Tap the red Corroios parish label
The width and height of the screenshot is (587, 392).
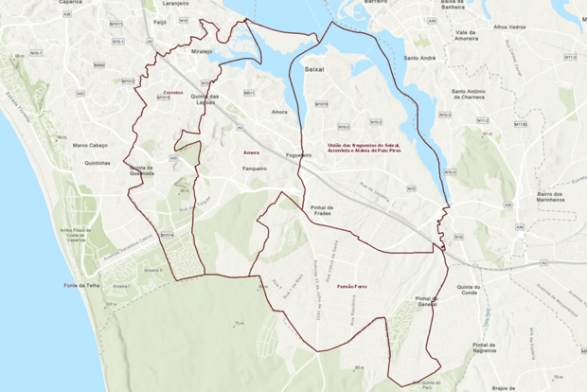172,92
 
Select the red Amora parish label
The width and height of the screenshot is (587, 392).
251,151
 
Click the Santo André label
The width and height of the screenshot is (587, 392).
419,58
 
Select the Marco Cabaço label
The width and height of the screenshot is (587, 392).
93,145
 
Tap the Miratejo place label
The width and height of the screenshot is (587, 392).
203,51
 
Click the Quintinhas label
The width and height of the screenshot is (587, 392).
98,162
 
